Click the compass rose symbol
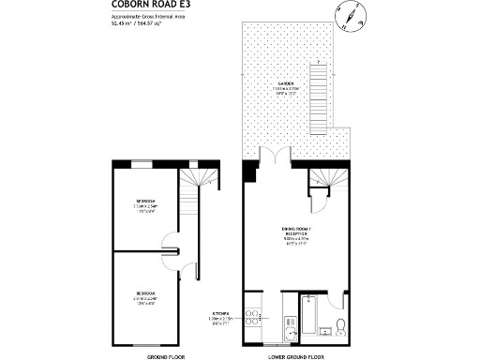(346, 16)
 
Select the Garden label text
(280, 86)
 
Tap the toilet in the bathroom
(343, 326)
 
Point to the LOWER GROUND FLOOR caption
(296, 355)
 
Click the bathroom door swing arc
(319, 197)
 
